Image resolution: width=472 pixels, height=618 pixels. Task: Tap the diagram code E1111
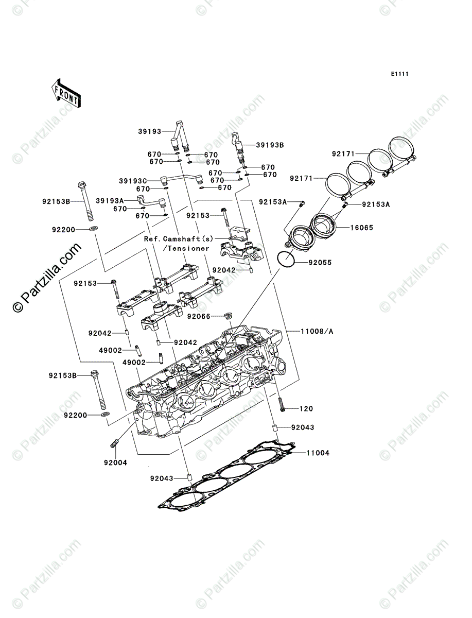(x=399, y=74)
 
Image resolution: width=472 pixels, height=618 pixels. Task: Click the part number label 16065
(x=362, y=227)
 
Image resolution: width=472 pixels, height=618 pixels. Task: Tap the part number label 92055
(x=320, y=263)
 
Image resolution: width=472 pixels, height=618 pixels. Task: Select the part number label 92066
(x=198, y=316)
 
